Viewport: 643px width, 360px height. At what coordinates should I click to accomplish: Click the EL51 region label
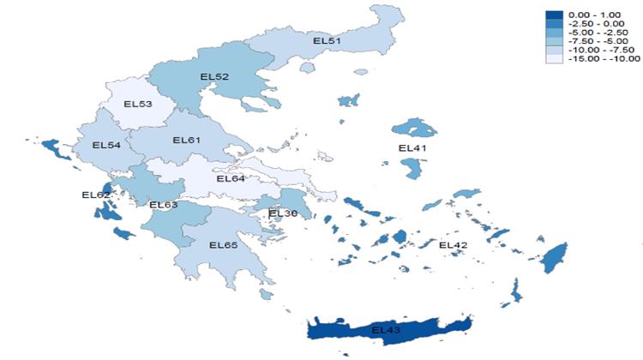(327, 40)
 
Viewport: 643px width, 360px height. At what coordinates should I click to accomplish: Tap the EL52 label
(214, 77)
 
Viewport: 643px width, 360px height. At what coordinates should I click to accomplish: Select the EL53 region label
(138, 105)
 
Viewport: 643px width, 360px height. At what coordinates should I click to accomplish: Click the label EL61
(186, 140)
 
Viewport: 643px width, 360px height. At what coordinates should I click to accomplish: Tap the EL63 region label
(163, 205)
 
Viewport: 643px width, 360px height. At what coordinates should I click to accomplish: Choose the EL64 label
(231, 179)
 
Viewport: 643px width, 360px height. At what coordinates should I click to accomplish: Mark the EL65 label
(223, 246)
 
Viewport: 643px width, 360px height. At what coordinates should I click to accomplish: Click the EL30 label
(283, 213)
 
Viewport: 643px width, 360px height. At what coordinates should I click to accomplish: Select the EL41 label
(413, 148)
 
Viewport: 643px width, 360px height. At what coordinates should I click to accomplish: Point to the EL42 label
(454, 246)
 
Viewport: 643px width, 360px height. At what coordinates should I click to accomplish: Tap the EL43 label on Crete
(387, 329)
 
